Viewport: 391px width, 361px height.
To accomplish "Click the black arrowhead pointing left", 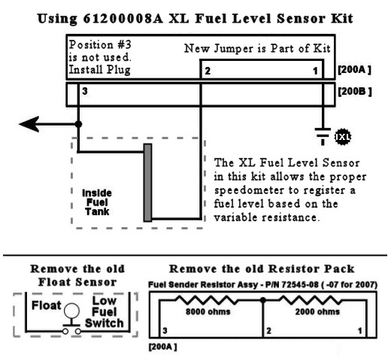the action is (29, 124).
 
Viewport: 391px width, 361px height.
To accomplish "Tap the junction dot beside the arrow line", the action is (78, 124).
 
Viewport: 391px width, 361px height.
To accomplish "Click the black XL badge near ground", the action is (343, 137).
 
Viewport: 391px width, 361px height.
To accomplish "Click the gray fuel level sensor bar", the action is (147, 183).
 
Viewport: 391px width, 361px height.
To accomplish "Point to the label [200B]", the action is (355, 92).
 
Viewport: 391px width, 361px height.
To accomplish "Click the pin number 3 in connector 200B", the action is (85, 91).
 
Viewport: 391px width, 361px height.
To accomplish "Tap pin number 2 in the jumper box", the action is (208, 71).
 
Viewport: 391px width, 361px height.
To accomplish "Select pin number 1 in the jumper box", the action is (315, 71).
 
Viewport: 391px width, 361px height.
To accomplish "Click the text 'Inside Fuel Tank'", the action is (97, 202).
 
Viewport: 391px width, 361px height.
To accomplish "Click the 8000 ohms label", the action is (208, 311).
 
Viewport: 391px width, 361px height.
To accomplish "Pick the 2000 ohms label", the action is (317, 311).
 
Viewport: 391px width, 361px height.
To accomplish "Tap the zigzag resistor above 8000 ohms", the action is (207, 300).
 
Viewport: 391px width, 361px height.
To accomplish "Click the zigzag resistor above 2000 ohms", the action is (311, 300).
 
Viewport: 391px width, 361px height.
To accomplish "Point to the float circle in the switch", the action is (71, 311).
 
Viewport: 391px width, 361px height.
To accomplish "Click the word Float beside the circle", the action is (47, 305).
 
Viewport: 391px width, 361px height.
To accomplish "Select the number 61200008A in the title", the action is (123, 19).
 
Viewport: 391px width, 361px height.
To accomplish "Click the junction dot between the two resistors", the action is (263, 300).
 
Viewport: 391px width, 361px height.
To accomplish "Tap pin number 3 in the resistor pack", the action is (165, 331).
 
